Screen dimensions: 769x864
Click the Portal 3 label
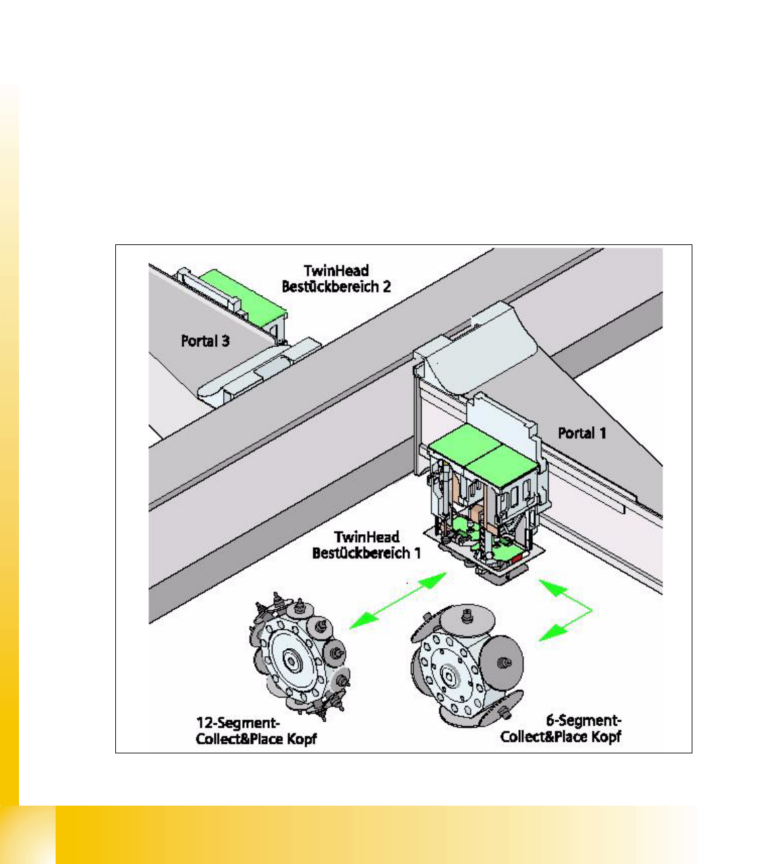coord(205,341)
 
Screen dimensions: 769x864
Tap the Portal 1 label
coord(582,433)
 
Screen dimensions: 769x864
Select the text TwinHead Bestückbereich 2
coord(336,278)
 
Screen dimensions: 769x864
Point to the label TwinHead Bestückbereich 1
coord(366,545)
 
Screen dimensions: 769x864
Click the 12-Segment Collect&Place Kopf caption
coord(256,732)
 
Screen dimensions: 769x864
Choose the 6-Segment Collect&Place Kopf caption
coord(561,729)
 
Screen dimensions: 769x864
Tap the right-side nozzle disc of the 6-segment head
coord(502,662)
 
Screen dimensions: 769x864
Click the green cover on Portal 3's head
coord(243,295)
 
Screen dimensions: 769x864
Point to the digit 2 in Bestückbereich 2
coord(387,286)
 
